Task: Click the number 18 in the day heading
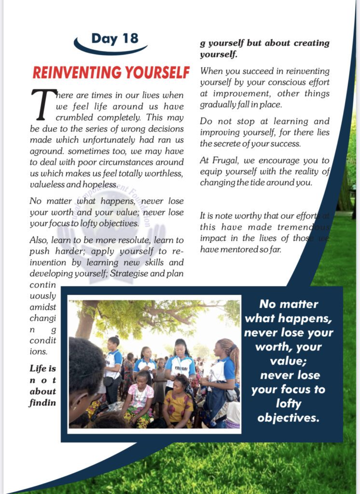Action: click(x=128, y=39)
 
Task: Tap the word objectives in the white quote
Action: click(x=289, y=417)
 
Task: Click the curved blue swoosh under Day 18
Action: click(x=111, y=50)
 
